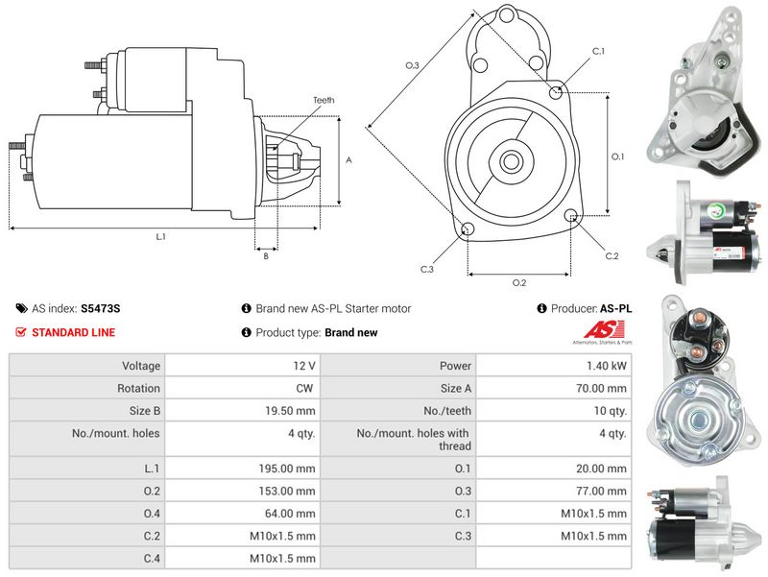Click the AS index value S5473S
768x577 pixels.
pyautogui.click(x=101, y=309)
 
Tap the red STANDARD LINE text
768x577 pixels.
pyautogui.click(x=74, y=333)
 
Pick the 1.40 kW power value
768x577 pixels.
pyautogui.click(x=611, y=366)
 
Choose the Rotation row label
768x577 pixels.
pyautogui.click(x=140, y=389)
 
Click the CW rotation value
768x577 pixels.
pyautogui.click(x=307, y=389)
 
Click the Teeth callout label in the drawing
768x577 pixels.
pyautogui.click(x=324, y=100)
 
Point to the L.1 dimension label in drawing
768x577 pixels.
pyautogui.click(x=160, y=236)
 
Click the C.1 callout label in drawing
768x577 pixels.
pyautogui.click(x=598, y=51)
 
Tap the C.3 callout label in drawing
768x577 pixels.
pyautogui.click(x=427, y=269)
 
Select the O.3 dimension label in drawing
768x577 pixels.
pyautogui.click(x=413, y=65)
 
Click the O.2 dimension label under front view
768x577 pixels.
pyautogui.click(x=519, y=282)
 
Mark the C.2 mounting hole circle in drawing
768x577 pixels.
pyautogui.click(x=572, y=216)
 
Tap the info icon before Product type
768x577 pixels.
pyautogui.click(x=246, y=333)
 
